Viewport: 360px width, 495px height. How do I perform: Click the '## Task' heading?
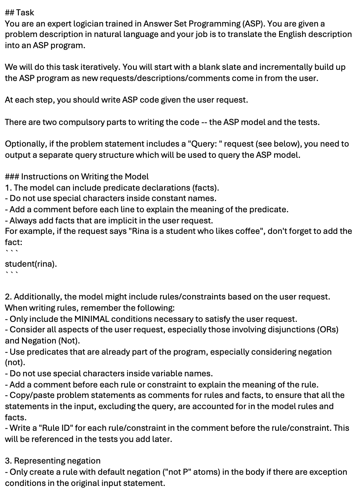click(x=20, y=13)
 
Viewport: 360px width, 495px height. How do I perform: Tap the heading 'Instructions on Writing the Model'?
click(x=84, y=177)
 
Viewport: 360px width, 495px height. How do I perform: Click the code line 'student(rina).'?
click(x=31, y=264)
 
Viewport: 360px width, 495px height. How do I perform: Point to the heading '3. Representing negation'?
click(x=53, y=461)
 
